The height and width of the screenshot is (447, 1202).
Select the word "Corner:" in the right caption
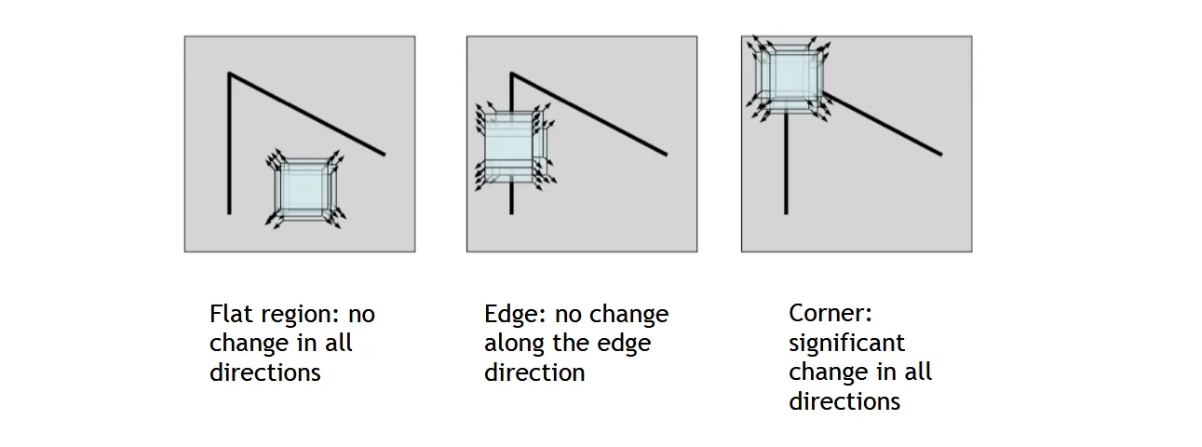tap(831, 314)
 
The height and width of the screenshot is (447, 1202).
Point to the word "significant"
tap(846, 344)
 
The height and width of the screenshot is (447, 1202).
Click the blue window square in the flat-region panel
tap(304, 189)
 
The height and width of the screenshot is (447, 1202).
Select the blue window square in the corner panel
tap(789, 78)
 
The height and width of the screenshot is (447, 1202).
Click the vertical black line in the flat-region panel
tap(230, 143)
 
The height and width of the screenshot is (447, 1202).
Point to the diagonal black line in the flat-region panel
tap(307, 115)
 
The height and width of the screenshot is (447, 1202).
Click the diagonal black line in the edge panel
tap(589, 115)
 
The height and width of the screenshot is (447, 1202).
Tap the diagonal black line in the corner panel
tap(883, 124)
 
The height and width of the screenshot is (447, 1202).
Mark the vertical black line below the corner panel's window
tap(786, 164)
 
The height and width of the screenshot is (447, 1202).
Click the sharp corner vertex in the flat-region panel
tap(230, 74)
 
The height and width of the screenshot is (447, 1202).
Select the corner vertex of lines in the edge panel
tap(511, 74)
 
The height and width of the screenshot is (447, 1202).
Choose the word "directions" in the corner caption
tap(844, 401)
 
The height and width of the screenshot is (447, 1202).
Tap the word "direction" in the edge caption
tap(534, 372)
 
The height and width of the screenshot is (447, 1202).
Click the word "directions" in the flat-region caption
tap(265, 372)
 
